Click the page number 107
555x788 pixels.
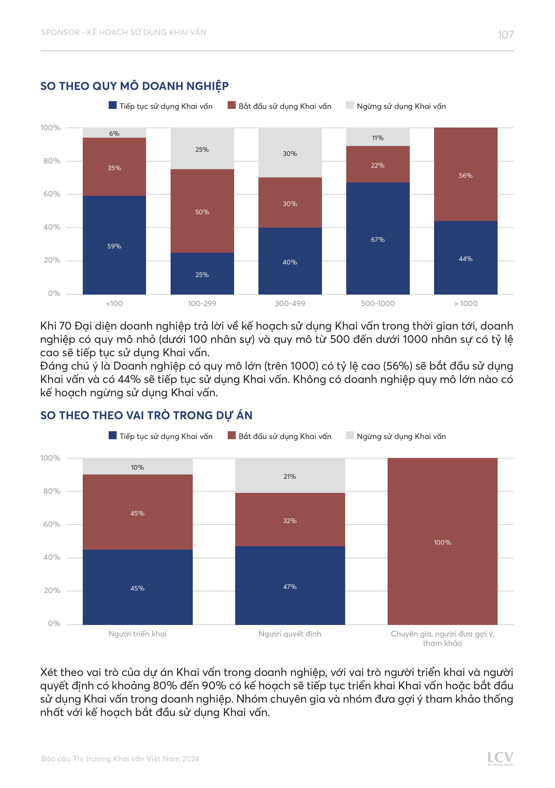coord(505,35)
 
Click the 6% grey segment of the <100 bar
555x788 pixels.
coord(114,133)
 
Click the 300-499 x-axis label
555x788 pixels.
coord(290,303)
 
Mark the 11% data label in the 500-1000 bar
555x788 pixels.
coord(377,138)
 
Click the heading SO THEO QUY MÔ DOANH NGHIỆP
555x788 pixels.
coord(134,86)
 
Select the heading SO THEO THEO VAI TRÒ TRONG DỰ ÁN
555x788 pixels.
coord(146,415)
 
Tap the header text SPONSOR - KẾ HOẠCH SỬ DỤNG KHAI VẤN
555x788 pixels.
coord(124,33)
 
